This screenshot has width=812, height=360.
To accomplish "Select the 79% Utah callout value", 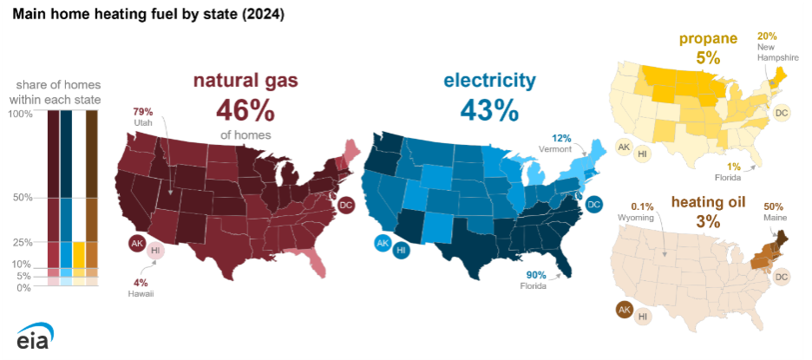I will [142, 112].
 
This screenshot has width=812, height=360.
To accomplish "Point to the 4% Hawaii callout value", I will [140, 282].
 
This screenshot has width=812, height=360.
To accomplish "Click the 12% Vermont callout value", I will [561, 139].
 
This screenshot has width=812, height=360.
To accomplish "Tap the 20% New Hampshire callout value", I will [768, 36].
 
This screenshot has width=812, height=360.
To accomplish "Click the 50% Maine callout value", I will [774, 206].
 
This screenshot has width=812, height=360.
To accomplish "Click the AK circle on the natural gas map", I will [137, 244].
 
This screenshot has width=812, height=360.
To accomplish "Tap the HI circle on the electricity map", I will [402, 251].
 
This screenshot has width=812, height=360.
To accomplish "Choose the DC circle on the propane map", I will [782, 113].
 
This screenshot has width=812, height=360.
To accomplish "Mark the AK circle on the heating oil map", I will [623, 309].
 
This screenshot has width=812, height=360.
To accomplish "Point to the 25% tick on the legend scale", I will [22, 242].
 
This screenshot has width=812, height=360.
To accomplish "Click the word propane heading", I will [708, 38].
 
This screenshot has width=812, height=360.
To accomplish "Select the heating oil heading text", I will [708, 202].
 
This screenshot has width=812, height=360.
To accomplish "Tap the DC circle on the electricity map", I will [593, 205].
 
